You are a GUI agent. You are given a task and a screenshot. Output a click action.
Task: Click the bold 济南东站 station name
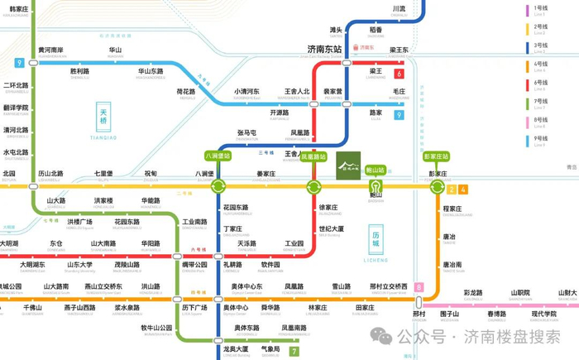coord(323,50)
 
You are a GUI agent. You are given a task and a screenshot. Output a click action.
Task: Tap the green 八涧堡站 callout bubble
coord(218,156)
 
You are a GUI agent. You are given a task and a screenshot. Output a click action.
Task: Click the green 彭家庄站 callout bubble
coord(436,156)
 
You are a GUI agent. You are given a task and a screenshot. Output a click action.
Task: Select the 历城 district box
coord(376,242)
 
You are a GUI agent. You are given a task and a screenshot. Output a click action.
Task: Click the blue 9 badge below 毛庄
coord(399,115)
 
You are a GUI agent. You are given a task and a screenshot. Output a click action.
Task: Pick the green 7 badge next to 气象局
coord(294,351)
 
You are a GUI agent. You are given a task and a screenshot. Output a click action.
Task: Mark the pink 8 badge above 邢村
coord(419,287)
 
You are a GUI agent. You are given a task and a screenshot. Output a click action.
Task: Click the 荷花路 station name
coord(186,92)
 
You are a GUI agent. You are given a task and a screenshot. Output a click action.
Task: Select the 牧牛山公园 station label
coord(156,328)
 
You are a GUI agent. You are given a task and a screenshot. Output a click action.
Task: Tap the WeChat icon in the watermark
coord(381,336)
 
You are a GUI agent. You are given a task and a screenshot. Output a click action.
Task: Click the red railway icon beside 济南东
coord(352,48)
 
